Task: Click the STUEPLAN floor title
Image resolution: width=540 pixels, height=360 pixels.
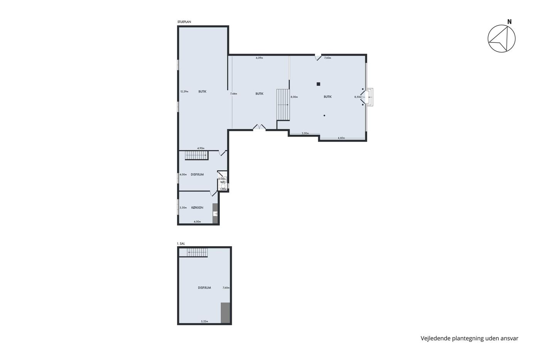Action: [184, 22]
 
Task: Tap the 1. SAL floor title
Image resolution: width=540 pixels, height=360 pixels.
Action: [181, 243]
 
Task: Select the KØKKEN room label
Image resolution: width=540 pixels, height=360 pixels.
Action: [197, 208]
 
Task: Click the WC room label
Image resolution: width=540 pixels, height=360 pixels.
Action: [223, 182]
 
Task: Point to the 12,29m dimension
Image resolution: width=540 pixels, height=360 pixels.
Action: [184, 91]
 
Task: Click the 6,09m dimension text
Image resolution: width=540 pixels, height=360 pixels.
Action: [259, 58]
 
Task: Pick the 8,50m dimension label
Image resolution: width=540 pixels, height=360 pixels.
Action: [358, 97]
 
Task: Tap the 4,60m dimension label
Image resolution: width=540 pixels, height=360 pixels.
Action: [341, 138]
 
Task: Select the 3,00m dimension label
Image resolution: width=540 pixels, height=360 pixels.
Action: [305, 134]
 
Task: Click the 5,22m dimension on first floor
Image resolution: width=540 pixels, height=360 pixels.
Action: [204, 321]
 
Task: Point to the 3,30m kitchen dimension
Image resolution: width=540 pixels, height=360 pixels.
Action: [183, 208]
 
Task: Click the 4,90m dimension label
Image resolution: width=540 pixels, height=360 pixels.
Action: [201, 148]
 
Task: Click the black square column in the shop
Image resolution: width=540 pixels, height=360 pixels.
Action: [318, 84]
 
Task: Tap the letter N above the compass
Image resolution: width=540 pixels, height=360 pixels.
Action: [510, 22]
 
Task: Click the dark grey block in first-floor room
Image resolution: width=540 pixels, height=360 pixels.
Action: [225, 313]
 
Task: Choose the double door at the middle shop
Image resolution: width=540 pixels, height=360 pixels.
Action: [259, 127]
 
